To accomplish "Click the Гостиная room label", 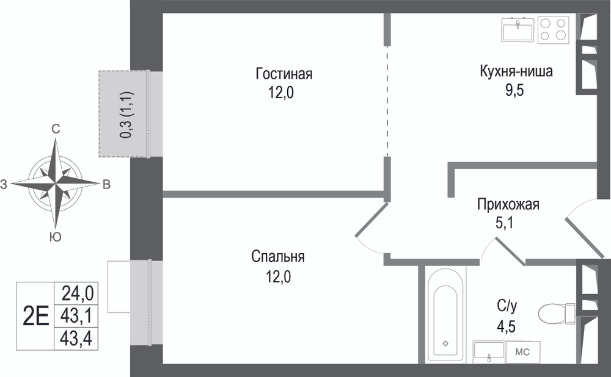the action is (x=284, y=74).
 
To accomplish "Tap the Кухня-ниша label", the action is (x=516, y=71).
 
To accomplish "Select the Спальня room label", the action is (x=278, y=256).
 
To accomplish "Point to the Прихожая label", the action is (x=508, y=204).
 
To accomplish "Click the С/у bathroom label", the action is (x=507, y=307).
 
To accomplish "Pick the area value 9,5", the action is (x=514, y=90).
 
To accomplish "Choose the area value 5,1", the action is (x=504, y=223).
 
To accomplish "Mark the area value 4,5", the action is (x=506, y=326).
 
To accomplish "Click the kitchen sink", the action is (x=518, y=29).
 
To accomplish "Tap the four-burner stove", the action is (x=553, y=29).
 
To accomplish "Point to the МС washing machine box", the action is (x=522, y=352).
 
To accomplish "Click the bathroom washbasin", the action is (x=489, y=352).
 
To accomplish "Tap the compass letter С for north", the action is (x=56, y=129).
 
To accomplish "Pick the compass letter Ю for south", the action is (x=56, y=237).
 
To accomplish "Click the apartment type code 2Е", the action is (x=36, y=316).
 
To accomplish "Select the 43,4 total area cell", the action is (x=76, y=338).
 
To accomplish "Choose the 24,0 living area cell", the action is (x=77, y=293).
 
